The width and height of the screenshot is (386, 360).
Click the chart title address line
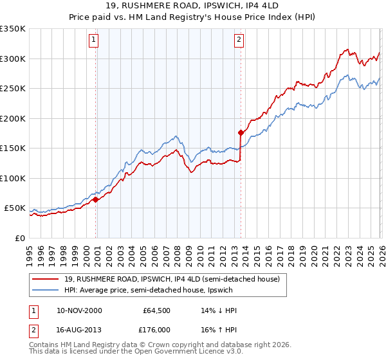[x=193, y=6]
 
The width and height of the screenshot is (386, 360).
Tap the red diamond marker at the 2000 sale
[x=96, y=200]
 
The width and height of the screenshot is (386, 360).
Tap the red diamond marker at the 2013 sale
[x=241, y=133]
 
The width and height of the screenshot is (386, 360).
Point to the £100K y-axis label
[x=13, y=178]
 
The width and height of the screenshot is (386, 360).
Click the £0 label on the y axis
[x=19, y=238]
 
